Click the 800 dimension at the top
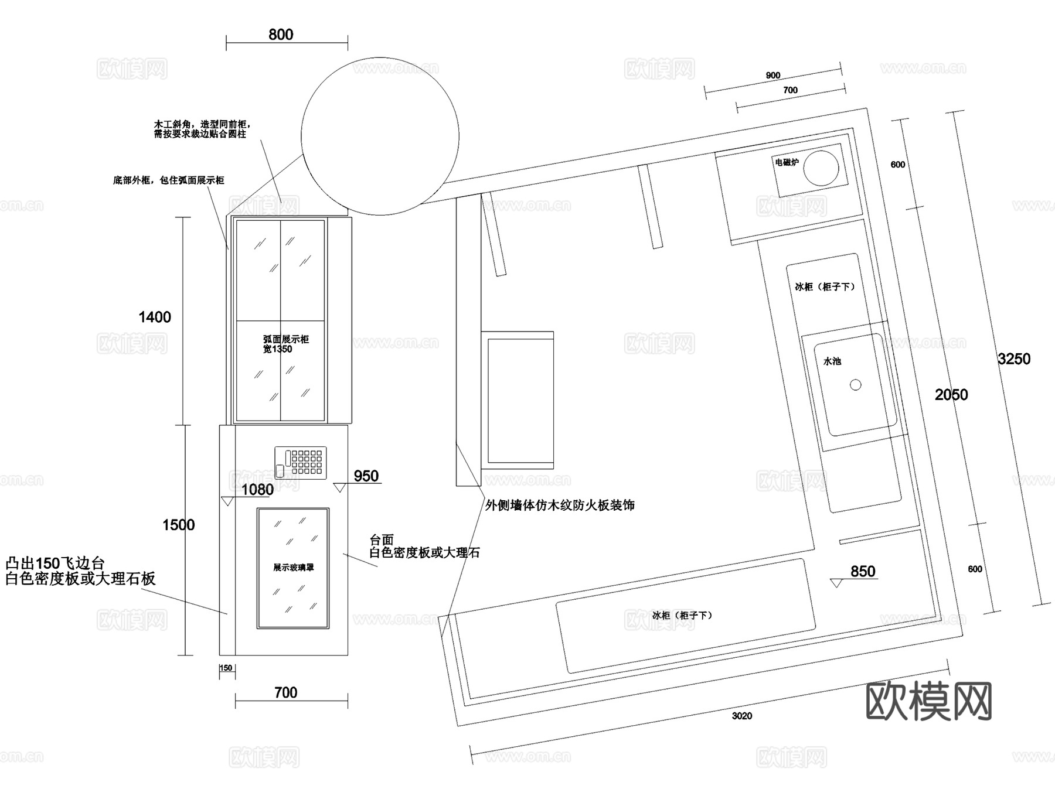281,35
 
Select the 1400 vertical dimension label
155,317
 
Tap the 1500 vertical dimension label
178,525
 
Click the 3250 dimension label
1013,359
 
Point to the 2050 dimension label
951,395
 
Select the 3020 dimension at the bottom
741,716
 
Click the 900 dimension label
773,76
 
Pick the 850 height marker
862,572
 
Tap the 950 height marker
366,476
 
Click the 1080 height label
258,490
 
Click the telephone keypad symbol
300,463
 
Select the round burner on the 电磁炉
821,168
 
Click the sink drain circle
855,385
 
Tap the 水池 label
832,361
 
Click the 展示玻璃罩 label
293,568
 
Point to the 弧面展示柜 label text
285,339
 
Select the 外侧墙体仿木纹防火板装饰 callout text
559,505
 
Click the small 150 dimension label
226,668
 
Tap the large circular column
380,136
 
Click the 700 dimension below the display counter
285,693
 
